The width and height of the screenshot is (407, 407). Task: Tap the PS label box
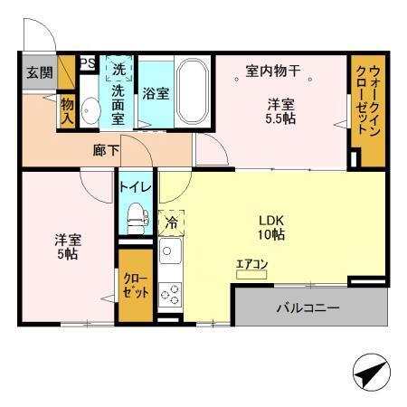tap(88, 63)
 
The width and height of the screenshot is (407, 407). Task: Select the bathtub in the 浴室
tap(192, 91)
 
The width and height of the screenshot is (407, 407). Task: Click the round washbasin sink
tap(89, 110)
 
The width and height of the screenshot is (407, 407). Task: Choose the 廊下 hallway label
tap(106, 151)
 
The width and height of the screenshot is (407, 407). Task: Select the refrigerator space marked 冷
tap(171, 219)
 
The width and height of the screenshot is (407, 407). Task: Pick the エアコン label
tap(251, 265)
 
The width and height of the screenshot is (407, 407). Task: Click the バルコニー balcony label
tap(308, 308)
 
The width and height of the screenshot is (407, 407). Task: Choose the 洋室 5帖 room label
tap(66, 247)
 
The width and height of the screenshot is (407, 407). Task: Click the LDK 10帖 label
tap(270, 226)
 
